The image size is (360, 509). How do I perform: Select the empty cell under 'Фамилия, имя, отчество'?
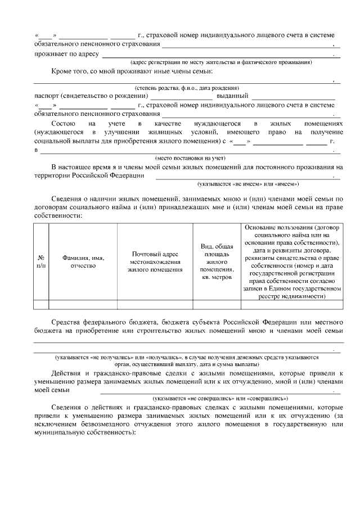click(83, 305)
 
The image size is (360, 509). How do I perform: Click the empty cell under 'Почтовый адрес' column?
click(155, 305)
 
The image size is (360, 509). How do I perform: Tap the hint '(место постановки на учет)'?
click(190, 159)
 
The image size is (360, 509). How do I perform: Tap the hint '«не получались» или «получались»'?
click(186, 357)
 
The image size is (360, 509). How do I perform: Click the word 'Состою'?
click(62, 123)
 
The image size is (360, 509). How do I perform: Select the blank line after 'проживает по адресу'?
click(219, 54)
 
